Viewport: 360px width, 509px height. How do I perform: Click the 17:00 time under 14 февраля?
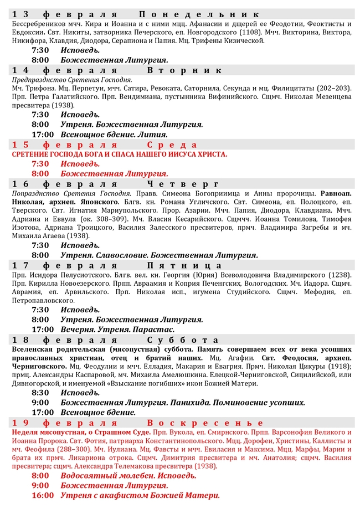tap(43, 134)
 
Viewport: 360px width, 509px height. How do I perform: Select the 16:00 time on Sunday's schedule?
tap(43, 495)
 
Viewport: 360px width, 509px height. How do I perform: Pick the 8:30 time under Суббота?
tap(40, 392)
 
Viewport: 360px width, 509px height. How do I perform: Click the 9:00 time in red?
tap(40, 485)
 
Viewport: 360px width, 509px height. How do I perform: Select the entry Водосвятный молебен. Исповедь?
tap(128, 476)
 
